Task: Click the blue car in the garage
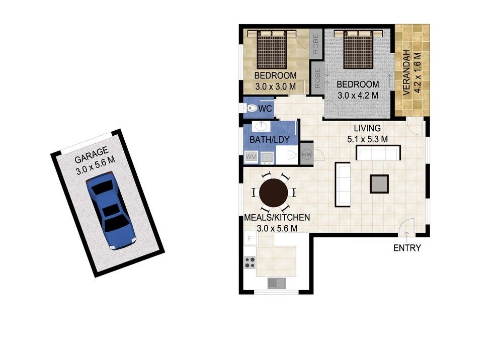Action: pos(111,211)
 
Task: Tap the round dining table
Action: pos(274,193)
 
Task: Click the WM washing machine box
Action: pos(251,156)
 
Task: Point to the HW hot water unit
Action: pos(307,154)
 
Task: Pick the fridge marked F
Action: pos(250,238)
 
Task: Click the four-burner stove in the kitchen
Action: pos(250,262)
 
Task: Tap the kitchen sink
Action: pos(277,283)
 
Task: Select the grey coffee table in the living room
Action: pos(379,184)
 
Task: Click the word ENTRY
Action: pos(407,248)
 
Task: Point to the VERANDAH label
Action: pos(406,73)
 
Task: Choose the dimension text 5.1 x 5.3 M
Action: pos(367,139)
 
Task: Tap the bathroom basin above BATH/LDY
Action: pos(261,126)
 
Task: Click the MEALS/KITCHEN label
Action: pos(277,217)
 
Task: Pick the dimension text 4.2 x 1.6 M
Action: pos(417,73)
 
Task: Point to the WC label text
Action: pos(265,109)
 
